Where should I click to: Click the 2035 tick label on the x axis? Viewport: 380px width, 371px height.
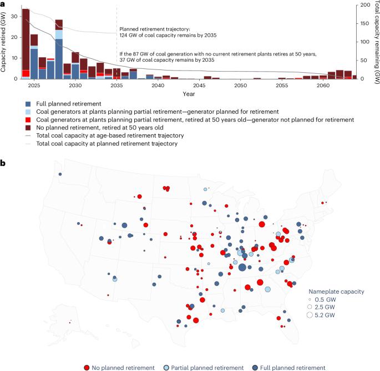tap(116, 86)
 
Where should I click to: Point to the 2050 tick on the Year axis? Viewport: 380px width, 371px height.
tap(240, 86)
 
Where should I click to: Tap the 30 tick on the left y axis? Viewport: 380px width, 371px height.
tap(14, 17)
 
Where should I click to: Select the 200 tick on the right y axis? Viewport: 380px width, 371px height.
tap(362, 4)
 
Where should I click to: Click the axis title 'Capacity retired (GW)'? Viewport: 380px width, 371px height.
tap(4, 42)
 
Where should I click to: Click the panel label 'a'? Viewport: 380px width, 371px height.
tap(3, 4)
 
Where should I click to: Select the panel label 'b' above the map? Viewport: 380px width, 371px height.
tap(4, 163)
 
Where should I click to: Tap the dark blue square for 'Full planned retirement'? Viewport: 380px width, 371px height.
tap(28, 104)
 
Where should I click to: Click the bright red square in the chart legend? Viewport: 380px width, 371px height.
tap(28, 119)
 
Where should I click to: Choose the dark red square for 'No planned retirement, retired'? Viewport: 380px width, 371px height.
tap(28, 127)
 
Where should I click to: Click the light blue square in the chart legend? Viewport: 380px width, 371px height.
tap(28, 112)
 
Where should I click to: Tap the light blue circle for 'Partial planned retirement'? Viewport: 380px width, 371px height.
tap(166, 367)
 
